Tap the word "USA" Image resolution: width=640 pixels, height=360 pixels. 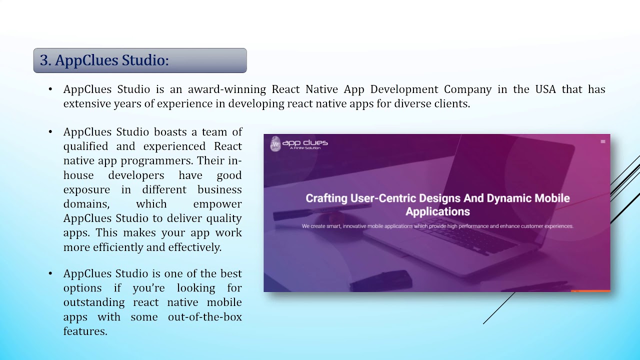point(545,89)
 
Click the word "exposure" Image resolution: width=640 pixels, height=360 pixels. point(86,190)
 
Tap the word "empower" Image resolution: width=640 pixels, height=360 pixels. point(217,204)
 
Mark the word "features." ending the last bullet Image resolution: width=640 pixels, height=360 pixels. point(85,331)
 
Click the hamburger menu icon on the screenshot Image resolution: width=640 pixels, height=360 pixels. point(602,142)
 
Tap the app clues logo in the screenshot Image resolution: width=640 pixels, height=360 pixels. point(299,144)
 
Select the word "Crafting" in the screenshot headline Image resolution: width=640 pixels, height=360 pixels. point(326,198)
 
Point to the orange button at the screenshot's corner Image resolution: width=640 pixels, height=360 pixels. point(590,290)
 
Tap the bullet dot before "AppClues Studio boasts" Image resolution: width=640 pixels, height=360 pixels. point(50,132)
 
